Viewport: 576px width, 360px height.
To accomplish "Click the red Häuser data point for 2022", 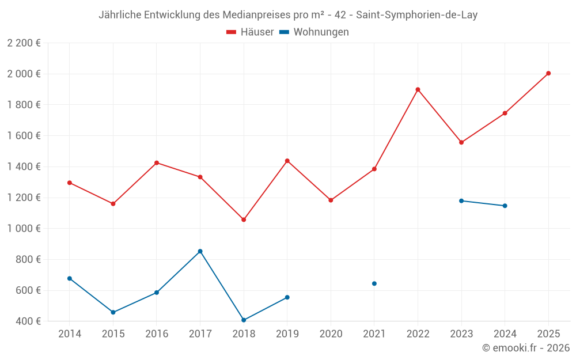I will click(x=418, y=89).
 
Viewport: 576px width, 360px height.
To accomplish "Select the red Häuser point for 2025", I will click(x=548, y=73).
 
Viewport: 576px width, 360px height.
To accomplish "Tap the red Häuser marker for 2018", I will click(x=244, y=219).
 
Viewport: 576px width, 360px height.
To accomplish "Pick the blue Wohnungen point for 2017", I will click(x=200, y=251).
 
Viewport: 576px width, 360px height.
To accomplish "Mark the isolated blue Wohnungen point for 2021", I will click(x=374, y=283).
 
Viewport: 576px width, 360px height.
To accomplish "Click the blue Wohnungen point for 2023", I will click(x=461, y=200).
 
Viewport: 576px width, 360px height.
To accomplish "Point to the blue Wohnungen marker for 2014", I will click(x=70, y=278).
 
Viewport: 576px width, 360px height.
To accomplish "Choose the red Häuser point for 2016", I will click(x=157, y=162).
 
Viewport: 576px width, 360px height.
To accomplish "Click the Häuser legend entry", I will click(x=250, y=32).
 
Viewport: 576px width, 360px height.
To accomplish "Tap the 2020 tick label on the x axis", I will click(x=331, y=334).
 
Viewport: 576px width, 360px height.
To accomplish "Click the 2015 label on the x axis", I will click(x=113, y=334).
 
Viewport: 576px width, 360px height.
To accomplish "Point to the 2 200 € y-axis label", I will click(x=24, y=43).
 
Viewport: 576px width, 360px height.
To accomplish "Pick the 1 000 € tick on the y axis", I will click(x=24, y=228).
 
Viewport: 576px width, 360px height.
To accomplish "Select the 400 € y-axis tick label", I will click(x=28, y=321).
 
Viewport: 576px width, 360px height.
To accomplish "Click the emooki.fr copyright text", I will click(x=525, y=348).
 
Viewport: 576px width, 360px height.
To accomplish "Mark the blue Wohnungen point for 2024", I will click(x=505, y=206).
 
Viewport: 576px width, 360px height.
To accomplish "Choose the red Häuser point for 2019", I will click(x=287, y=161).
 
